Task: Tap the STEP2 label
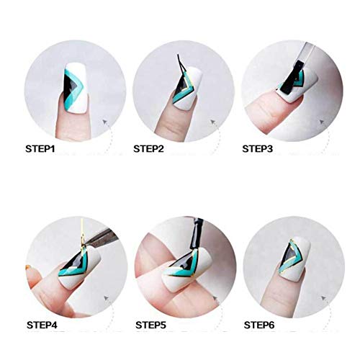click(149, 149)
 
